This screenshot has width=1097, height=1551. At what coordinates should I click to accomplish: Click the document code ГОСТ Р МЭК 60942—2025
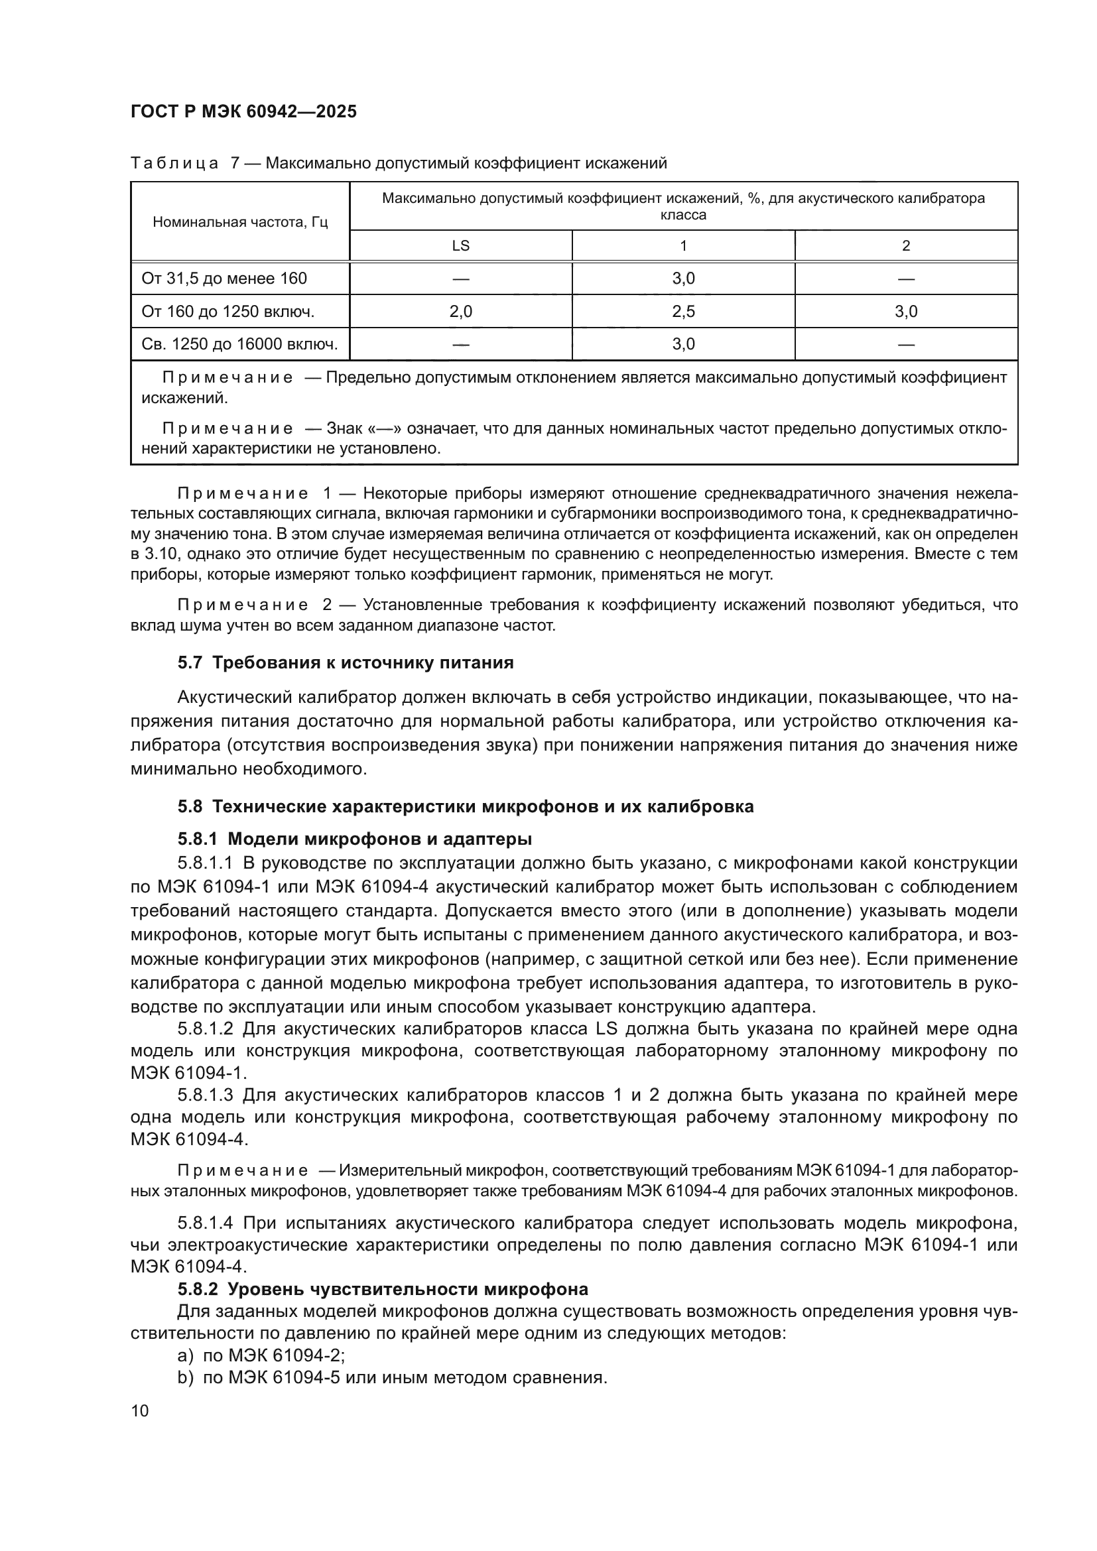[243, 111]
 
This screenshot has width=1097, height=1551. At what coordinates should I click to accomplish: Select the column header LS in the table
[460, 246]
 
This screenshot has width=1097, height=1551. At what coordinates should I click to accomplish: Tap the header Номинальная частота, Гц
[240, 222]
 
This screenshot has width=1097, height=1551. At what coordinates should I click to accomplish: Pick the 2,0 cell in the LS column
[460, 312]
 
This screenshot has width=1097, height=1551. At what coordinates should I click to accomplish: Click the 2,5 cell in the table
[683, 312]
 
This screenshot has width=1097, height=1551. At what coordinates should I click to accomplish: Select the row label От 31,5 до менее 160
[224, 279]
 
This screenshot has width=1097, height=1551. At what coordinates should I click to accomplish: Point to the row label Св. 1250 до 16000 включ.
[239, 345]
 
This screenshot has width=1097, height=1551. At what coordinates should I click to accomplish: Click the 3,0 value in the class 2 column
[906, 312]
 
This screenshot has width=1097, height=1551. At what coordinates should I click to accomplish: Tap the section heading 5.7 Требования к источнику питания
[345, 662]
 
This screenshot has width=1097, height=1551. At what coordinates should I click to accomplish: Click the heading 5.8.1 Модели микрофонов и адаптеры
[355, 839]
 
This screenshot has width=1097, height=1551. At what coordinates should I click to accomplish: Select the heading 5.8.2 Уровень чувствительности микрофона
[382, 1290]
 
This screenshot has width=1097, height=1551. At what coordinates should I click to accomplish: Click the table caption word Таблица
[174, 163]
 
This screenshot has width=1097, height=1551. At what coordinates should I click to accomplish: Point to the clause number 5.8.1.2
[206, 1029]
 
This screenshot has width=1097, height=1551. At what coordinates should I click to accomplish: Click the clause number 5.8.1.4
[206, 1223]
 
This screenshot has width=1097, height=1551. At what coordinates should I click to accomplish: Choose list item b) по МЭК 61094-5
[392, 1377]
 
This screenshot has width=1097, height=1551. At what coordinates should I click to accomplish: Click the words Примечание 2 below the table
[253, 605]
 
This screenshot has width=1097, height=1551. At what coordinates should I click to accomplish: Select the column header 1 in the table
[683, 246]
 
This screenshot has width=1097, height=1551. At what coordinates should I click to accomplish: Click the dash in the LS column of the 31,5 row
[460, 279]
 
